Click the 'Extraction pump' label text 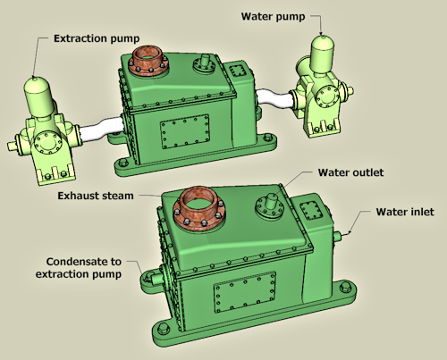(97, 38)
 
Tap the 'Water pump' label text (273, 16)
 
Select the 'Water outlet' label (350, 172)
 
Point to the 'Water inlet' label (405, 212)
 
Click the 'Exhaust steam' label (96, 196)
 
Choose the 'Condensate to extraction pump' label (79, 268)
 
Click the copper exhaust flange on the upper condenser (148, 61)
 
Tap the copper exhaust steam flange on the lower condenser (199, 208)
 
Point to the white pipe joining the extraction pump (101, 130)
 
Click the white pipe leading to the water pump (274, 97)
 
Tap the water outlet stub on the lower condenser (272, 201)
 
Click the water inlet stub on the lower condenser (337, 237)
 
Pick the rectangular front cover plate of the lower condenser (245, 292)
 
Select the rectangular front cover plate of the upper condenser (185, 131)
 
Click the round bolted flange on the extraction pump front (48, 143)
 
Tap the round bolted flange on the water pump (327, 96)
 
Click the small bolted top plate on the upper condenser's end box (238, 71)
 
